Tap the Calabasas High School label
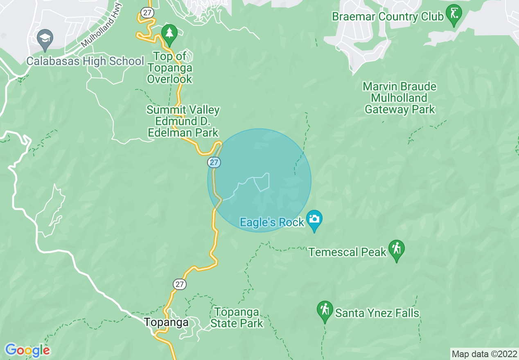click(x=85, y=61)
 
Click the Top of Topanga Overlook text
click(x=169, y=67)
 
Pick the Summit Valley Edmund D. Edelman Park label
click(x=183, y=121)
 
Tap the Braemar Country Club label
click(x=388, y=17)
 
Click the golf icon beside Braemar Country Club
click(x=454, y=13)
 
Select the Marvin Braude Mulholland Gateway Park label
click(x=399, y=98)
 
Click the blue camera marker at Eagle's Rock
click(x=314, y=219)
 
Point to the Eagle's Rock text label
click(x=272, y=222)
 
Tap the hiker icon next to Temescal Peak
click(x=396, y=249)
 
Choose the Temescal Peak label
click(x=348, y=252)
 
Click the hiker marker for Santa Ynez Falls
click(x=325, y=310)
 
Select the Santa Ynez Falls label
click(x=377, y=313)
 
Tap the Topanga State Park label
click(x=237, y=318)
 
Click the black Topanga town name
click(x=166, y=322)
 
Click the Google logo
click(x=27, y=350)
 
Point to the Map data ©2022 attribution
click(x=484, y=354)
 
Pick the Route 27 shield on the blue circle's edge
click(x=214, y=162)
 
